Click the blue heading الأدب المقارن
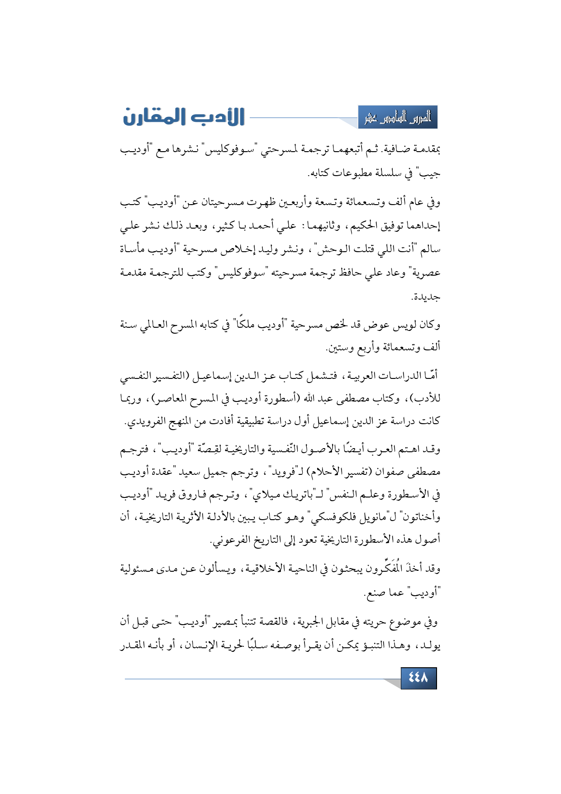click(x=184, y=116)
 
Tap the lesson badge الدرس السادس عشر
click(x=398, y=118)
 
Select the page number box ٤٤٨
click(x=418, y=678)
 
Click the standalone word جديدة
click(x=425, y=297)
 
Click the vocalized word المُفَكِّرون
click(x=380, y=568)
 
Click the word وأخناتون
click(x=418, y=517)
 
